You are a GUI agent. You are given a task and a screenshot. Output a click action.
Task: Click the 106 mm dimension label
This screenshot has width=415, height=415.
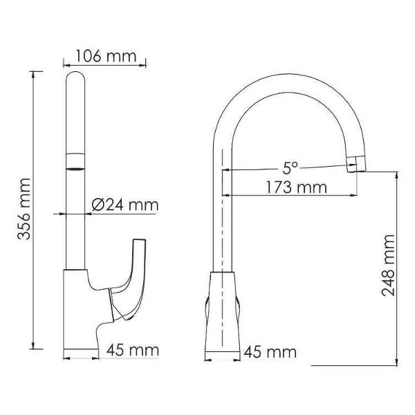106,57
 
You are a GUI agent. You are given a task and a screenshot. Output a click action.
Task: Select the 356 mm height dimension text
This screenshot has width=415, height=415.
24,210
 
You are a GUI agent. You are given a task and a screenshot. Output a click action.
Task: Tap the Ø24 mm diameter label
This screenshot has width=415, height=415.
125,205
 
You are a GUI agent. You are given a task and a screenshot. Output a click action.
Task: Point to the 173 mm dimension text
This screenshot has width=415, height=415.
296,187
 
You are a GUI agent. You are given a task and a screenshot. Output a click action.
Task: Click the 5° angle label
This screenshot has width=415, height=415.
290,168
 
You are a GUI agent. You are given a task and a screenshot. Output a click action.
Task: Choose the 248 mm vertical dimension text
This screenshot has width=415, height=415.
388,266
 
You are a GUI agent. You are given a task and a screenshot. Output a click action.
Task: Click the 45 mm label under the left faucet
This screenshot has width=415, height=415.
133,350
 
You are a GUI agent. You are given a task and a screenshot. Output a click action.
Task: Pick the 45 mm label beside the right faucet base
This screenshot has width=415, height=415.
270,352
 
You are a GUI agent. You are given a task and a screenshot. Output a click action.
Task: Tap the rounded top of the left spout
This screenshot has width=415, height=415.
75,77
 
